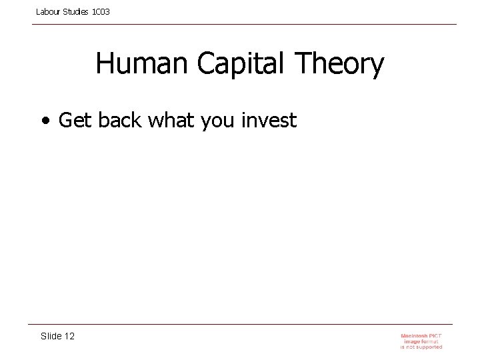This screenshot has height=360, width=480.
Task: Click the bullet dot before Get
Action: pyautogui.click(x=44, y=121)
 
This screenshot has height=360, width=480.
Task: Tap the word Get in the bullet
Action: pyautogui.click(x=75, y=121)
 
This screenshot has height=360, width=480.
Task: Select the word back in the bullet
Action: pyautogui.click(x=121, y=121)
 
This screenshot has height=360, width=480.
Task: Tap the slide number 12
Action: pyautogui.click(x=69, y=336)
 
